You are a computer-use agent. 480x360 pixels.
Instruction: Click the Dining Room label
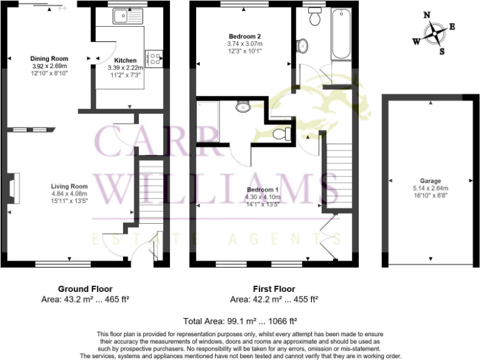pos(50,59)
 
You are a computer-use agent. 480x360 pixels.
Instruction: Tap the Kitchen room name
pos(126,61)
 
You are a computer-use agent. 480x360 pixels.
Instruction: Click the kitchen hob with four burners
pos(154,57)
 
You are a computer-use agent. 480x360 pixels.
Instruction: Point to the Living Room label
pos(69,186)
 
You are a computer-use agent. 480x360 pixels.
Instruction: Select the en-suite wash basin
pos(243,107)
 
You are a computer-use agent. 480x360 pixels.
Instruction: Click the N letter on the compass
pos(426,15)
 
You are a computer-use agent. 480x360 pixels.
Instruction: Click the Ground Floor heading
pos(85,289)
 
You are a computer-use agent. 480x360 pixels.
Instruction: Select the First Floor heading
pos(274,289)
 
